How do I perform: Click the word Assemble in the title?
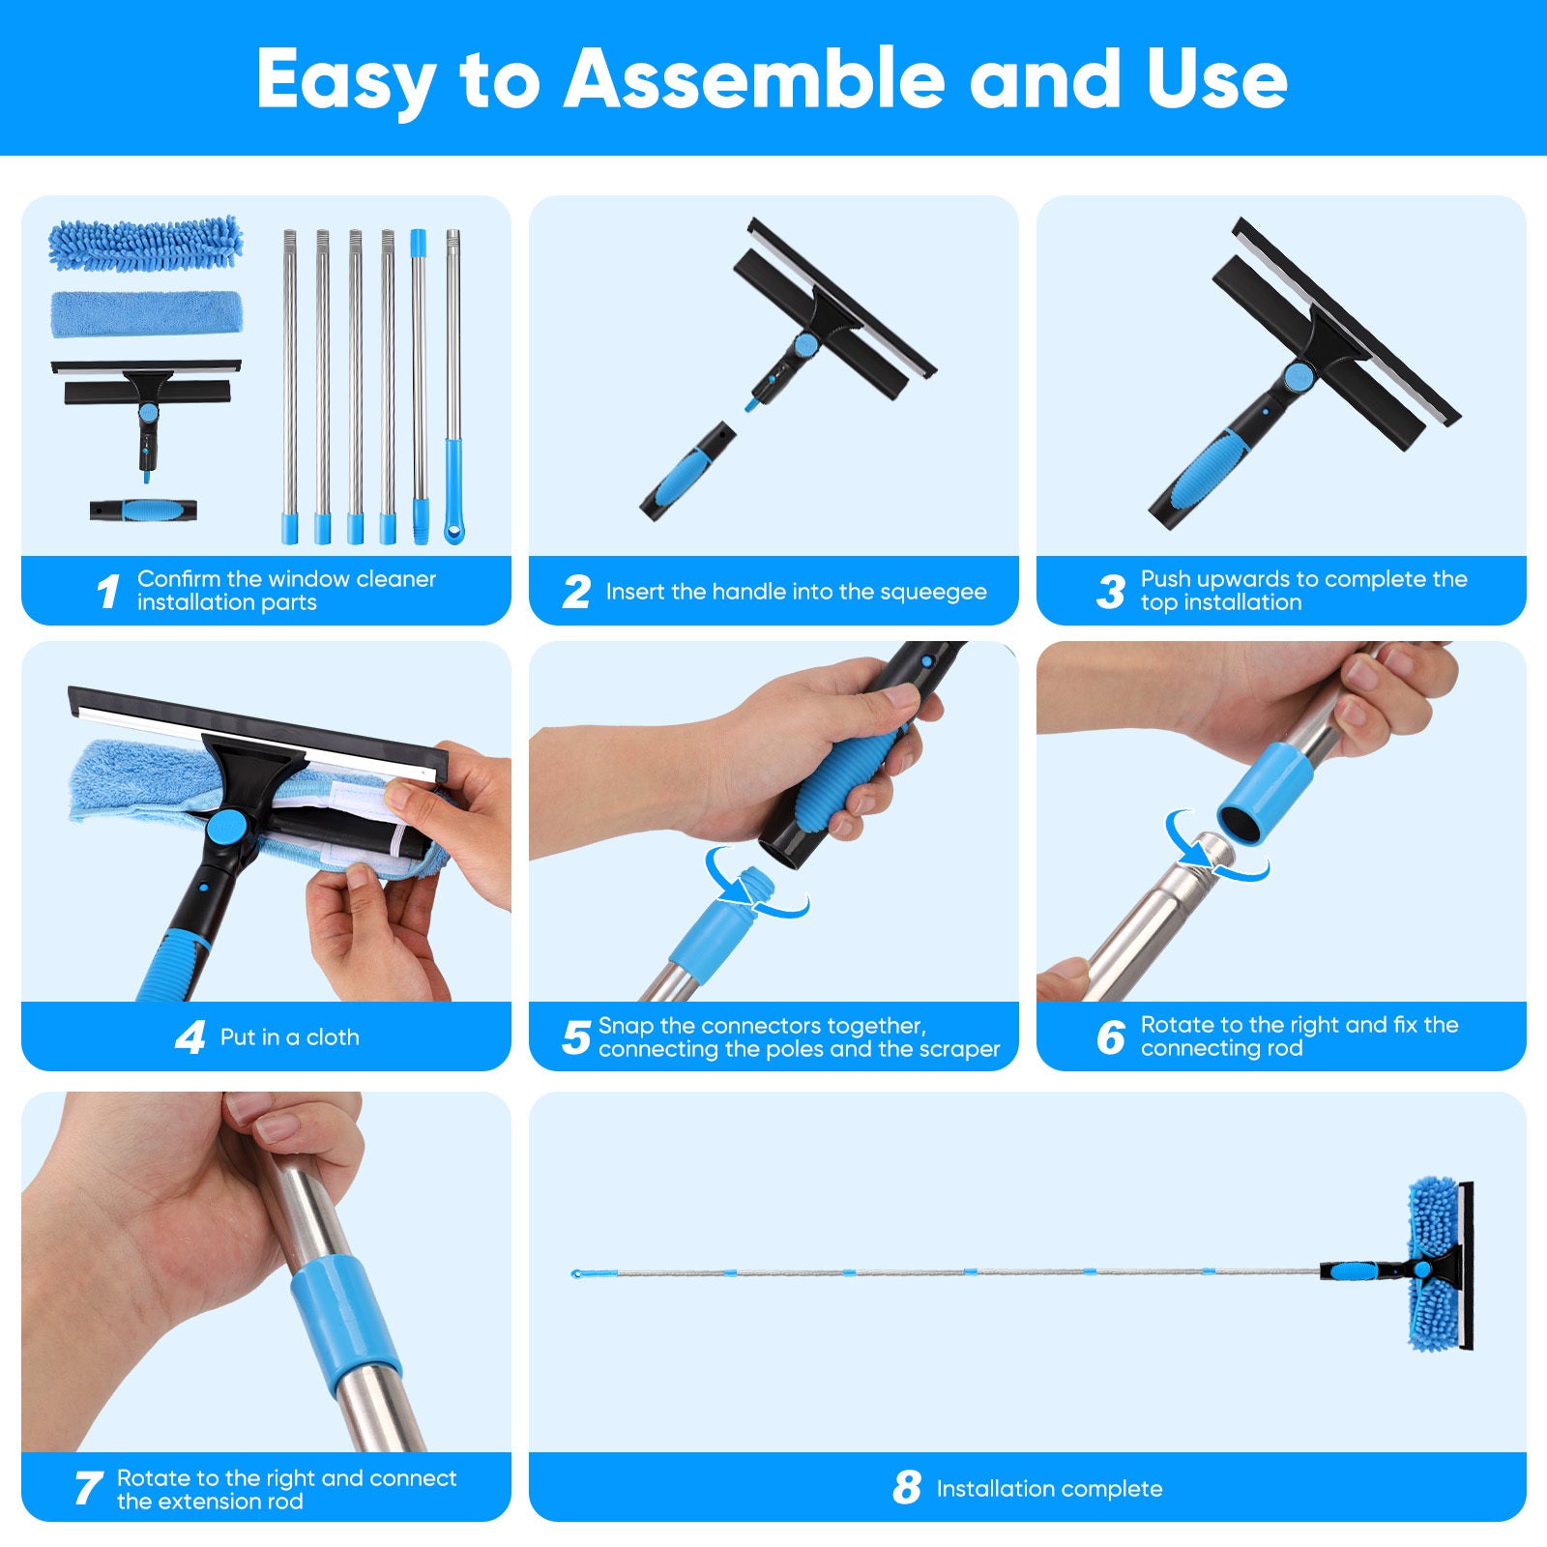click(754, 78)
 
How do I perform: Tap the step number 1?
click(108, 591)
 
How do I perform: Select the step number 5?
click(576, 1037)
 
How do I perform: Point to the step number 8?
click(907, 1488)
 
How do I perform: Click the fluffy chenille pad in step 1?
click(145, 243)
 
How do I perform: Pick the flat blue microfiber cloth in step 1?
click(146, 313)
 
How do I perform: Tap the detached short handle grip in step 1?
click(143, 510)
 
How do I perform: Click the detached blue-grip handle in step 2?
click(687, 470)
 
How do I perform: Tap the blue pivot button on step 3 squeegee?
click(1299, 376)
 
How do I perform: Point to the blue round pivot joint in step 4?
click(227, 828)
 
